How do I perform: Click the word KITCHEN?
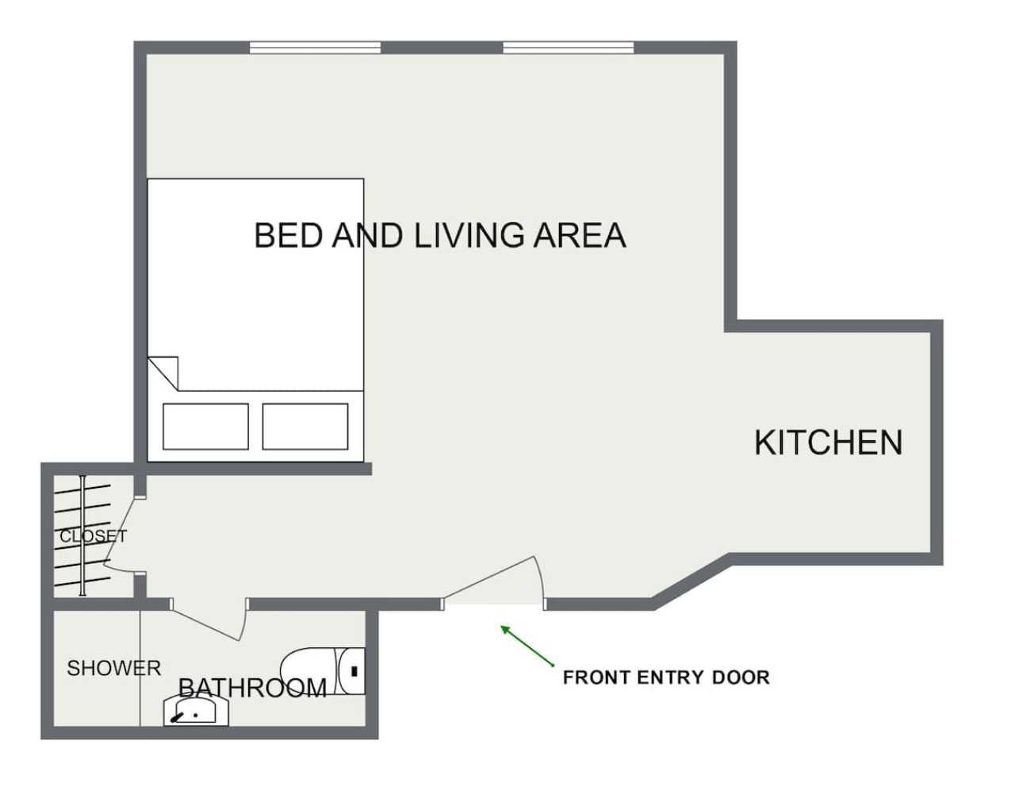click(828, 443)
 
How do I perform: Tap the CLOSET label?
click(93, 536)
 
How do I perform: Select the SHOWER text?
click(113, 668)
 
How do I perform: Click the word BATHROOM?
click(252, 687)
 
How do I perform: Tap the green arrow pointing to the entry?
click(527, 646)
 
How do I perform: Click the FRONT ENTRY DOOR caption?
click(666, 677)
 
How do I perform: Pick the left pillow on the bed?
click(205, 426)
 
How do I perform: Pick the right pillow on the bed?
click(305, 426)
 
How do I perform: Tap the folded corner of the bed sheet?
click(164, 370)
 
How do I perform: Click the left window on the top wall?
click(316, 48)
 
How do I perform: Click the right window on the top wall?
click(569, 48)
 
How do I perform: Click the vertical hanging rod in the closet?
click(82, 535)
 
